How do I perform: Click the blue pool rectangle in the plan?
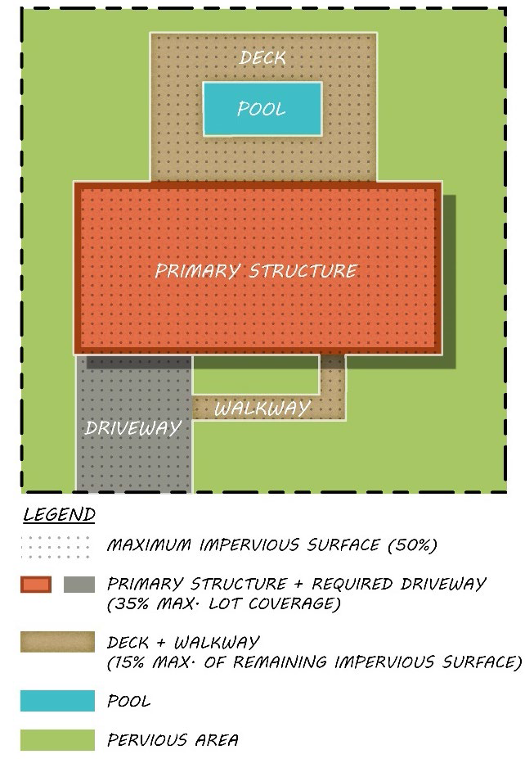click(x=262, y=109)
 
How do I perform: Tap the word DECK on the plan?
click(x=262, y=58)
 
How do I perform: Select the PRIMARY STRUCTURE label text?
click(x=256, y=270)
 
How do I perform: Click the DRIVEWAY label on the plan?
click(x=133, y=427)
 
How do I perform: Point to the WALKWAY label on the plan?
click(x=262, y=409)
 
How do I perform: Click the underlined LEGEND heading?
click(x=59, y=514)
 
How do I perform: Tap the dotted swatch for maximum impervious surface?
click(x=56, y=546)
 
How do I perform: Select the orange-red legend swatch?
click(x=36, y=585)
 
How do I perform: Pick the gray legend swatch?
click(x=79, y=585)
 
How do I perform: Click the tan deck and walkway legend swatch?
click(x=57, y=642)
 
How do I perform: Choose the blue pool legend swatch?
click(x=57, y=701)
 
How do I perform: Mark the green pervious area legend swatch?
click(x=57, y=739)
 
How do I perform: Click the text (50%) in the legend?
click(x=412, y=545)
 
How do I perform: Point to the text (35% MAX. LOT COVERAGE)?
click(x=224, y=603)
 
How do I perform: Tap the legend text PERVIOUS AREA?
click(x=173, y=739)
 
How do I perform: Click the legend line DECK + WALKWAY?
click(x=183, y=643)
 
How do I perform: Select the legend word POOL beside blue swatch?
click(x=128, y=701)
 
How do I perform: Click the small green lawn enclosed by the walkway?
click(x=256, y=375)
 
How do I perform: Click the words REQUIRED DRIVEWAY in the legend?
click(x=399, y=584)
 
